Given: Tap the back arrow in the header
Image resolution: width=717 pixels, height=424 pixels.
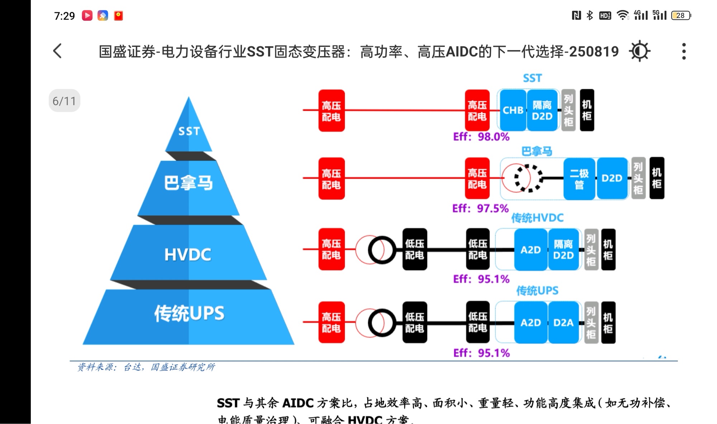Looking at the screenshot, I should pyautogui.click(x=57, y=51).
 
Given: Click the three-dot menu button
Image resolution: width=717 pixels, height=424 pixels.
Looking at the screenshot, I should pyautogui.click(x=684, y=51).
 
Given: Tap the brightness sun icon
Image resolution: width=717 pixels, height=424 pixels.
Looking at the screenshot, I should pyautogui.click(x=640, y=51).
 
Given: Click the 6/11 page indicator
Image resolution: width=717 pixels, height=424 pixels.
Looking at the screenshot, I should pyautogui.click(x=65, y=101).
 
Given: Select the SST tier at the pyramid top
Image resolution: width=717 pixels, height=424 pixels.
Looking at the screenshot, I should pyautogui.click(x=189, y=131).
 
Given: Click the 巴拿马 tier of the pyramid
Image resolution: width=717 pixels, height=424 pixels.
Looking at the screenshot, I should pyautogui.click(x=189, y=183).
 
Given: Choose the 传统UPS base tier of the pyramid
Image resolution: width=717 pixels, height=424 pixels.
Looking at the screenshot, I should pyautogui.click(x=189, y=313).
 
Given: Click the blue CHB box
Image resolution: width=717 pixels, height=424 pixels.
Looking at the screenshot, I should pyautogui.click(x=513, y=110).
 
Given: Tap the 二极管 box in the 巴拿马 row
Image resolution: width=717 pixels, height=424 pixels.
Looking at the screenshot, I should pyautogui.click(x=579, y=178).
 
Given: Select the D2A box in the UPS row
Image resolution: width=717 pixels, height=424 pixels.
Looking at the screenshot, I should pyautogui.click(x=563, y=323).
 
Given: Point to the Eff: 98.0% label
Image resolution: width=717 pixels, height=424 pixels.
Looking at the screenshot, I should pyautogui.click(x=481, y=137).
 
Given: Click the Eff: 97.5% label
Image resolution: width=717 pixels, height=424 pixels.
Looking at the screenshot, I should pyautogui.click(x=480, y=208).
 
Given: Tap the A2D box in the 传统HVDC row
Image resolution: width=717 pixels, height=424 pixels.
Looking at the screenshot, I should pyautogui.click(x=531, y=250).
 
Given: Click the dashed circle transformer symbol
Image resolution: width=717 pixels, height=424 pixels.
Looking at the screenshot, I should pyautogui.click(x=528, y=178).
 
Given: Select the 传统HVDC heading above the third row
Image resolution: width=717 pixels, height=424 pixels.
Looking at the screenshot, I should pyautogui.click(x=537, y=218).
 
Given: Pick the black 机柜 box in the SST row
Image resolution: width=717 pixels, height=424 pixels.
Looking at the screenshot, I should pyautogui.click(x=587, y=110).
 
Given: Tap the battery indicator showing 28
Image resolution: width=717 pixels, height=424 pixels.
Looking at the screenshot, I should pyautogui.click(x=681, y=15).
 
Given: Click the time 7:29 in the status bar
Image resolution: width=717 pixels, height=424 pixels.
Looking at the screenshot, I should pyautogui.click(x=65, y=16).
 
